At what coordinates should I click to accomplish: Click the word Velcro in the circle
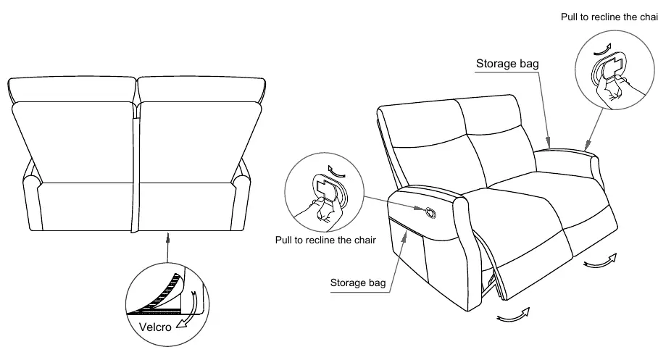point(155,327)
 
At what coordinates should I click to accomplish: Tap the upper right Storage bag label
point(507,64)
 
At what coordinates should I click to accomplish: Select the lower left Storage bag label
point(358,282)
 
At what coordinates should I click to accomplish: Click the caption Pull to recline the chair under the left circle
point(325,240)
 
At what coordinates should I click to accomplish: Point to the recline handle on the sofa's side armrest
point(430,213)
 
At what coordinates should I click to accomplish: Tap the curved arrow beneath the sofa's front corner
point(514,315)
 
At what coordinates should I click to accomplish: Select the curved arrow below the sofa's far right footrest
point(601,261)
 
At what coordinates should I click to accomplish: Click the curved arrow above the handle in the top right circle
point(604,50)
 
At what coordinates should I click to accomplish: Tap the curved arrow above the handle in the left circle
point(337,171)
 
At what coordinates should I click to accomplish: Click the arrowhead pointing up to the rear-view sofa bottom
point(168,238)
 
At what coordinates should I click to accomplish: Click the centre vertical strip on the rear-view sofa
point(135,174)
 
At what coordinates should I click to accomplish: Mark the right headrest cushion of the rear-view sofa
point(202,89)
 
